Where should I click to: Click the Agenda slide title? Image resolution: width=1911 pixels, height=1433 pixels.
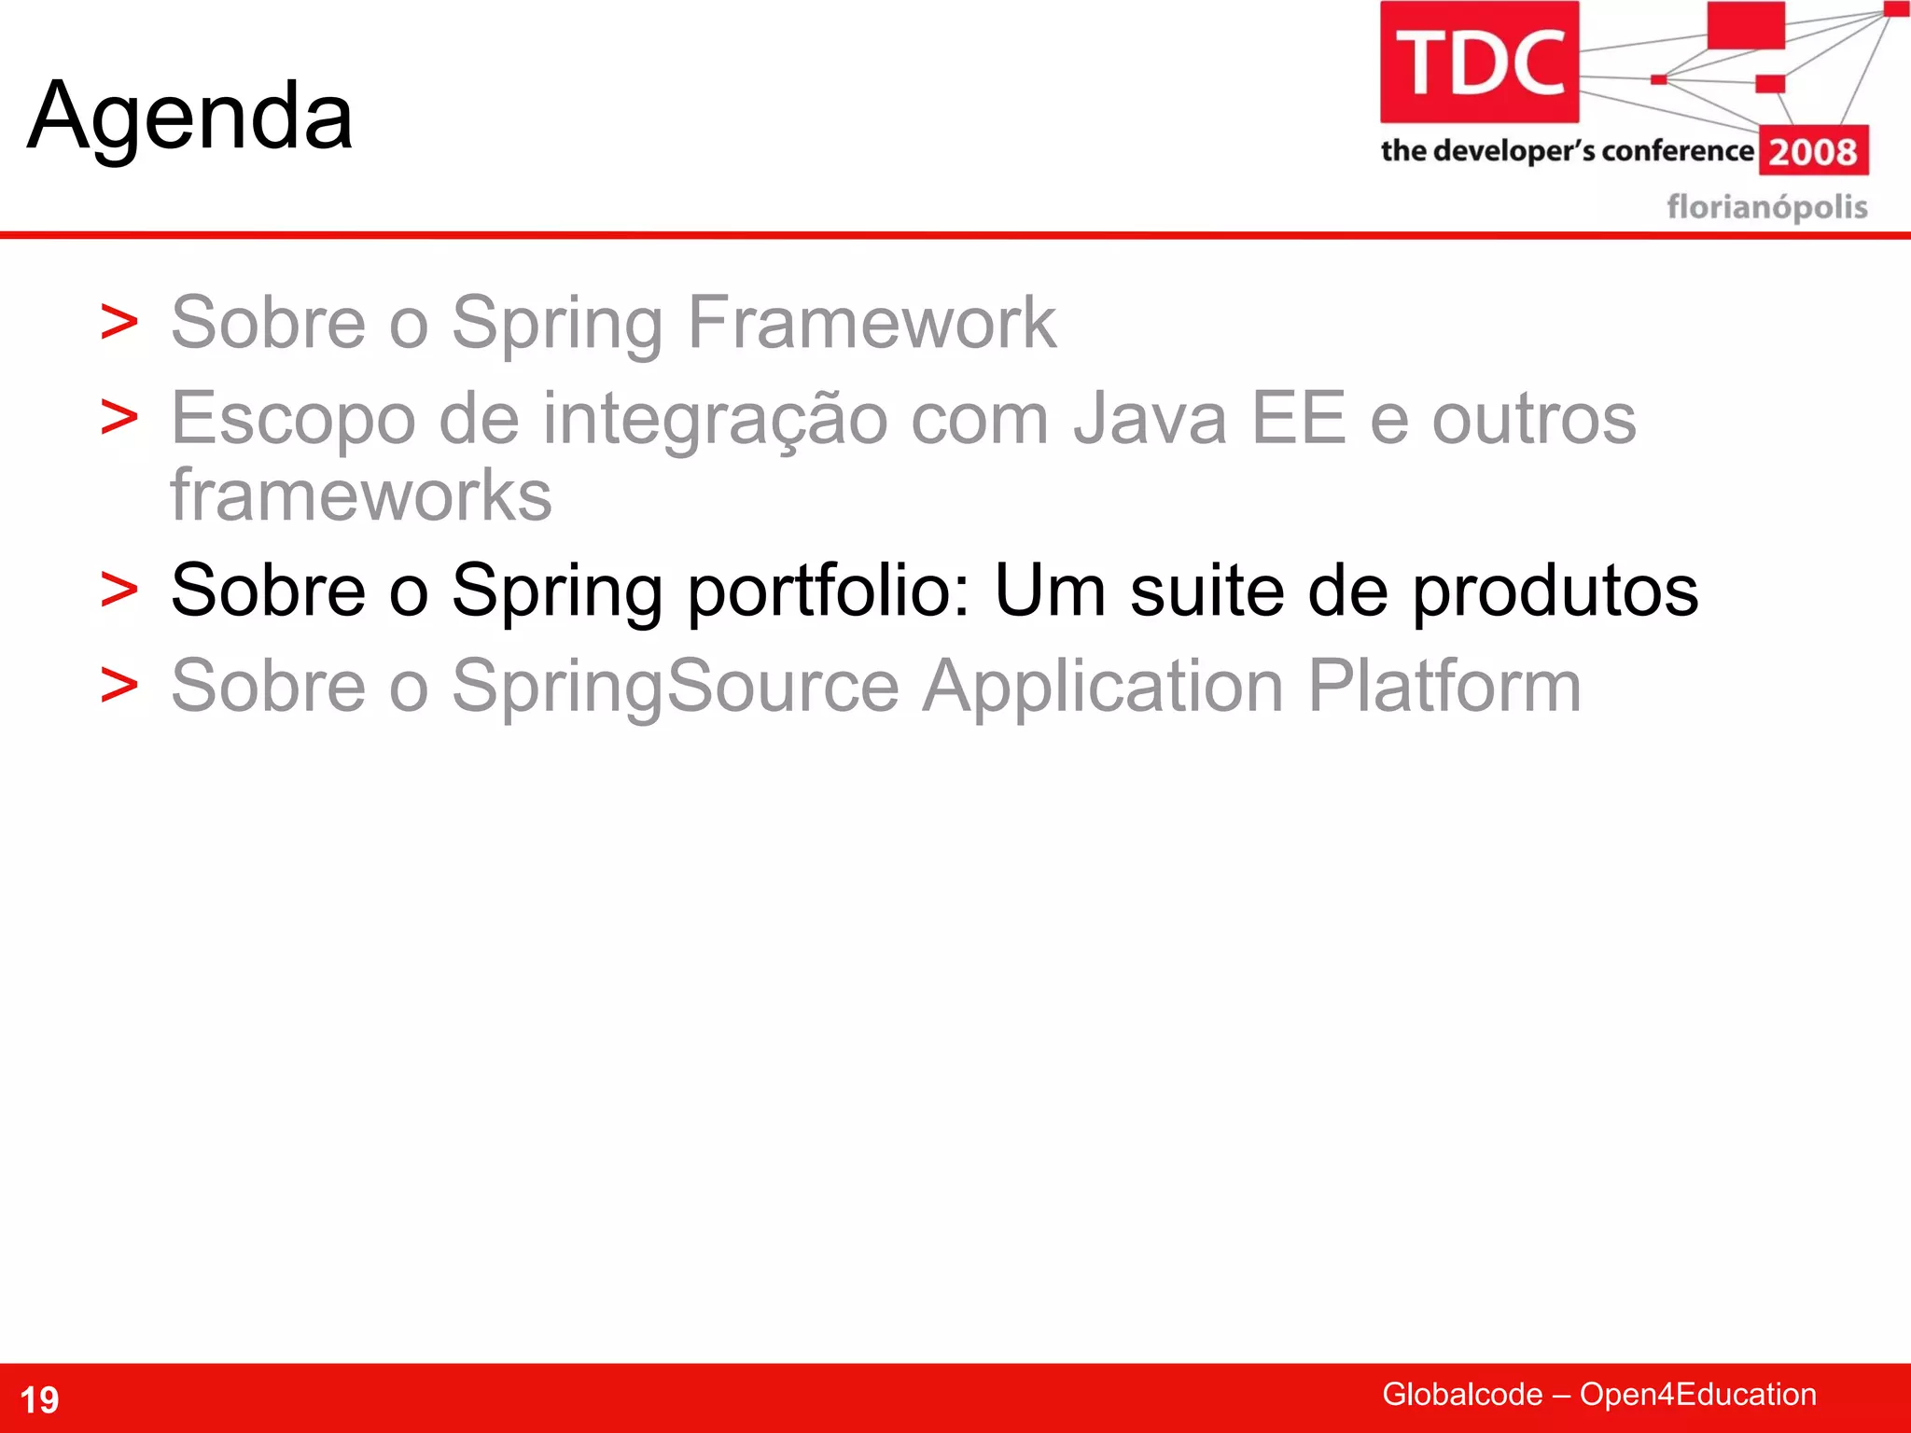coord(190,117)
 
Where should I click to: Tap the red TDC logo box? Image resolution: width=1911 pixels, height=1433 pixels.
coord(1479,62)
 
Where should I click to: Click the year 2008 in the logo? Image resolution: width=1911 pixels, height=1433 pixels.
coord(1813,151)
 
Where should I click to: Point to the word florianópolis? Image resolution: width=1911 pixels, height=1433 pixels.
coord(1766,206)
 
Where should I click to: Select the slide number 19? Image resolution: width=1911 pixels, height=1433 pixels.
coord(39,1399)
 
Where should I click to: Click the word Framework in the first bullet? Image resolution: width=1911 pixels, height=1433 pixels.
coord(872,322)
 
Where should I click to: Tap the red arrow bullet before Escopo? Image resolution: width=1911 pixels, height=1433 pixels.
coord(119,418)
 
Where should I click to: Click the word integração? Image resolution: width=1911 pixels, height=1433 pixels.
coord(715,420)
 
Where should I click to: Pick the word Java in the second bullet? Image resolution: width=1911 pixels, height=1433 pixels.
coord(1150,418)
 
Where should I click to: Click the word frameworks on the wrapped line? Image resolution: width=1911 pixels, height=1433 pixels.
coord(361,495)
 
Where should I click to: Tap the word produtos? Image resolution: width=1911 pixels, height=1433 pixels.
coord(1555,591)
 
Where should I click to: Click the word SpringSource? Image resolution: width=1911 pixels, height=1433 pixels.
coord(676,687)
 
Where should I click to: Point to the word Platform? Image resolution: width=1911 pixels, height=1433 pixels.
coord(1444,687)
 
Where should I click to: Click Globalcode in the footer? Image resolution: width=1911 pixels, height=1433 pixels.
coord(1461,1394)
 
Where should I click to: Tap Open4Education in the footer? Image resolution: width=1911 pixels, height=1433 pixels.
coord(1697,1394)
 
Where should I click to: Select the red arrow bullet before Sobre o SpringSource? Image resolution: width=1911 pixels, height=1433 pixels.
coord(119,687)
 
